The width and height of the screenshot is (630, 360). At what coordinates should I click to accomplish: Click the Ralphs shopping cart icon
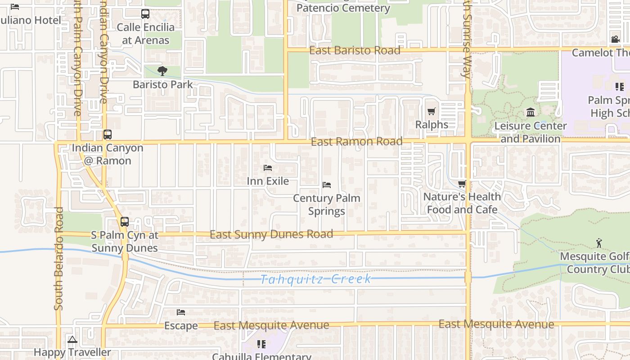click(x=432, y=111)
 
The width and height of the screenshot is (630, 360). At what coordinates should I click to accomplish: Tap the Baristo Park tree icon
click(x=162, y=71)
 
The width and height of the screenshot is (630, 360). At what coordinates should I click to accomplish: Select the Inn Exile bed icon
click(x=268, y=168)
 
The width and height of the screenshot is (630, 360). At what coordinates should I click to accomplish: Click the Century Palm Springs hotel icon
click(x=327, y=185)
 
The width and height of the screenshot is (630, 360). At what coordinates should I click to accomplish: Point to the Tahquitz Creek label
click(x=316, y=279)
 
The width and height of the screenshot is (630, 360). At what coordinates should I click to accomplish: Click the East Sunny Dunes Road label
click(x=271, y=234)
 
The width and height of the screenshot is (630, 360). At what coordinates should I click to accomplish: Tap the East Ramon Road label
click(x=357, y=142)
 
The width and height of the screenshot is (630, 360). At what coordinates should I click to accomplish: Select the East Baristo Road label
click(x=355, y=50)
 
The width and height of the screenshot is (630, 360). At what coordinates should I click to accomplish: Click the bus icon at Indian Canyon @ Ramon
click(x=107, y=134)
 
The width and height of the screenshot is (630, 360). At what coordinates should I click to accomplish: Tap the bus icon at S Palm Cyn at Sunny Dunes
click(x=124, y=222)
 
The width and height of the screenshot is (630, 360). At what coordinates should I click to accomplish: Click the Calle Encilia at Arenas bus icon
click(x=145, y=14)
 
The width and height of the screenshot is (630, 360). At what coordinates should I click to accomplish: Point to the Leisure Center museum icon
click(x=530, y=112)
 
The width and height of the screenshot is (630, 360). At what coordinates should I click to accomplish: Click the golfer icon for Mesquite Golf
click(x=599, y=243)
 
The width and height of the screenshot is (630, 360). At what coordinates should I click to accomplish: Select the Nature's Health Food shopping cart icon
click(x=462, y=184)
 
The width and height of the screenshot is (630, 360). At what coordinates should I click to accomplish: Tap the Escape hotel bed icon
click(x=181, y=312)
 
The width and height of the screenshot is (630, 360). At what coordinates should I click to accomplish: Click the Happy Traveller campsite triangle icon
click(x=72, y=339)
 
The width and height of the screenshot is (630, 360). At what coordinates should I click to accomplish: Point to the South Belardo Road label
click(x=58, y=259)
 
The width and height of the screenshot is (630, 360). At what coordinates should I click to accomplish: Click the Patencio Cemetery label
click(x=343, y=8)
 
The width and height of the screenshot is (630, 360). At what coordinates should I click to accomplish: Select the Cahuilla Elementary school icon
click(x=261, y=344)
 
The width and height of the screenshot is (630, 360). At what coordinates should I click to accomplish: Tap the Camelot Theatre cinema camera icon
click(x=615, y=39)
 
